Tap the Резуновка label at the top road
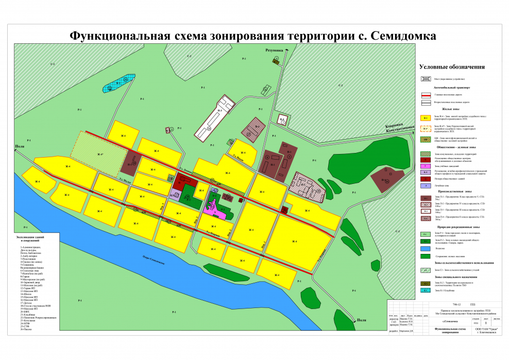(x=275, y=50)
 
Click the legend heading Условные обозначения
(x=452, y=67)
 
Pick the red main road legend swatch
(x=426, y=95)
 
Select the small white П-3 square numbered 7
(x=282, y=120)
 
